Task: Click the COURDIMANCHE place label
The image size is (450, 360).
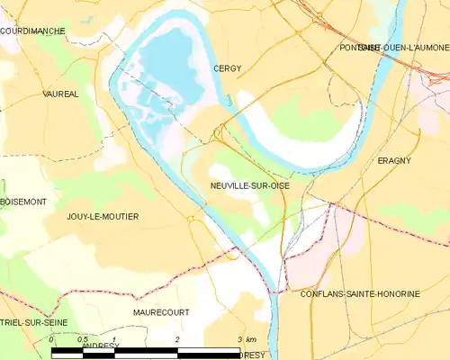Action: point(32,31)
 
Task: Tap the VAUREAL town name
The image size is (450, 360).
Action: point(60,93)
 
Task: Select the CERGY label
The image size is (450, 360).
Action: point(228,67)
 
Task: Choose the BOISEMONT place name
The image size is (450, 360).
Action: point(24,202)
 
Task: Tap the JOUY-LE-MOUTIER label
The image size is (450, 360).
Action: point(101,217)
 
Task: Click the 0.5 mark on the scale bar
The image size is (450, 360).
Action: point(83,339)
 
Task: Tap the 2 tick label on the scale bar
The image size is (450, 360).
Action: point(178,339)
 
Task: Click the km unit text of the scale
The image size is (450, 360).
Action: point(251,339)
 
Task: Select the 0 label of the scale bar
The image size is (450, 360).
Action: point(51,339)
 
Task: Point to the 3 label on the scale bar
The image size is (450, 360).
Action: point(238,339)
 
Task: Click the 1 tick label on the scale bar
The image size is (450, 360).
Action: point(114,339)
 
